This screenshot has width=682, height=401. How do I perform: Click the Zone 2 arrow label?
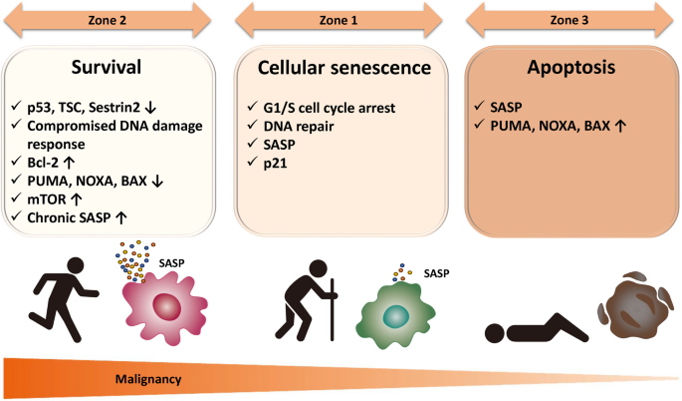pos(107,20)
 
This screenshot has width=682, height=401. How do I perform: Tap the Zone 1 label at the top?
pos(339,20)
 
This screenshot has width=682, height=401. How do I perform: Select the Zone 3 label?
pos(569,20)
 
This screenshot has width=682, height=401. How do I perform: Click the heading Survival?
pos(107,67)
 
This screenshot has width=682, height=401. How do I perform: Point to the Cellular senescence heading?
pos(344,68)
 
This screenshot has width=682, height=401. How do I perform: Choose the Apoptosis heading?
pos(571,67)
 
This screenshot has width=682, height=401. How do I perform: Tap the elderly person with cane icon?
pos(307,300)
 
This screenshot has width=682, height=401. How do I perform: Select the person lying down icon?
pos(537,328)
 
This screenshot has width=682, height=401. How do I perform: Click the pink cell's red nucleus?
pos(166,306)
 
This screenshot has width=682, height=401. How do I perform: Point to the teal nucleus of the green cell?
pos(396,316)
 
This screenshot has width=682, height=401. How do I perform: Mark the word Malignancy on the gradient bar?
pos(148,379)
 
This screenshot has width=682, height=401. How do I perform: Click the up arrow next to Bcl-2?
pos(69,163)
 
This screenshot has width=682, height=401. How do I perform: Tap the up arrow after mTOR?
pos(76,200)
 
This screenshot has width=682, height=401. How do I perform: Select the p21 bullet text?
pos(276,164)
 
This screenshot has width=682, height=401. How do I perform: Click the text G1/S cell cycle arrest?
pos(330,108)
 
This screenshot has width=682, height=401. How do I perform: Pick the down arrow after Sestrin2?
pos(150,107)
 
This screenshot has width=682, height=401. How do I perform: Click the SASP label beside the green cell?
pos(437,273)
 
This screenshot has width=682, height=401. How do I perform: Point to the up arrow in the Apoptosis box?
pos(620,126)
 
